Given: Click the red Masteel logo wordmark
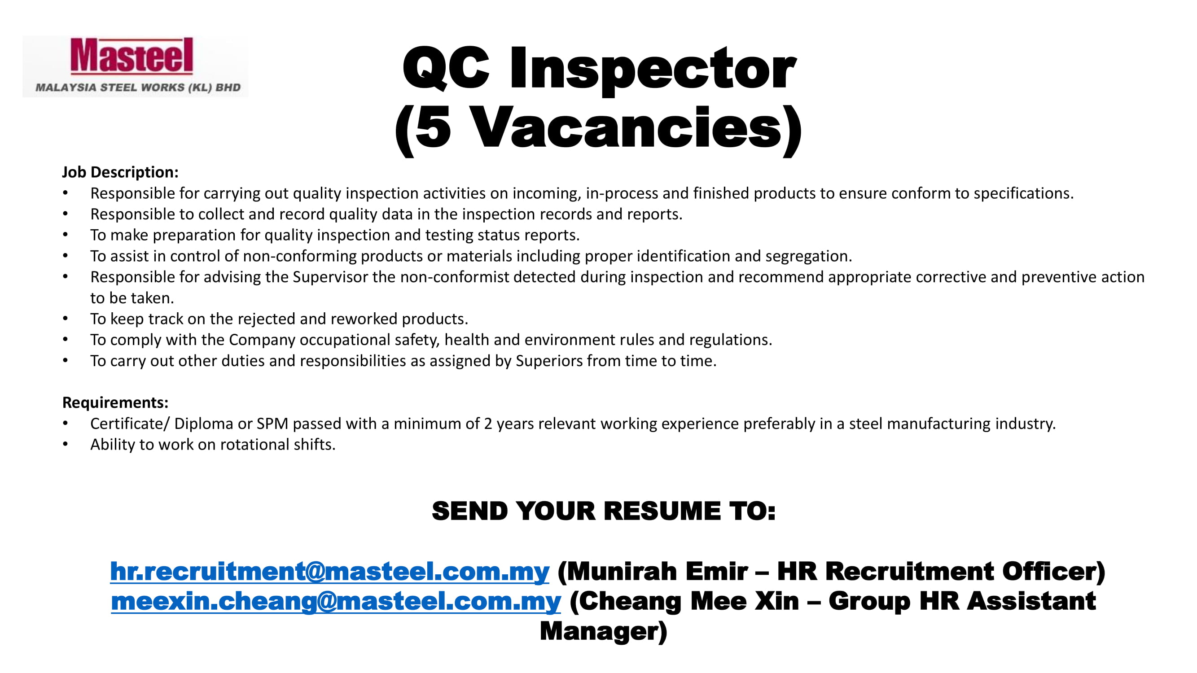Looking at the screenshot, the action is coord(132,56).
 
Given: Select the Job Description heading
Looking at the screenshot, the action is coord(120,172).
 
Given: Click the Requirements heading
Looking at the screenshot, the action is coord(115,402).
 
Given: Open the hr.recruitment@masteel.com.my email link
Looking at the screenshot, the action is coord(329,571).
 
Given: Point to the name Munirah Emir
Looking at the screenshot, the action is coord(658,571).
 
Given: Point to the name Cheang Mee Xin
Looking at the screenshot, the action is coord(689,601).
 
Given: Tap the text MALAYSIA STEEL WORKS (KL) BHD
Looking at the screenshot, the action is coord(138,87).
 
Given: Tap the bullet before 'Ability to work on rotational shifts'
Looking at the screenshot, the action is coord(66,445).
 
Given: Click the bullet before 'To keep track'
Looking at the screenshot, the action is coord(66,319).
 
